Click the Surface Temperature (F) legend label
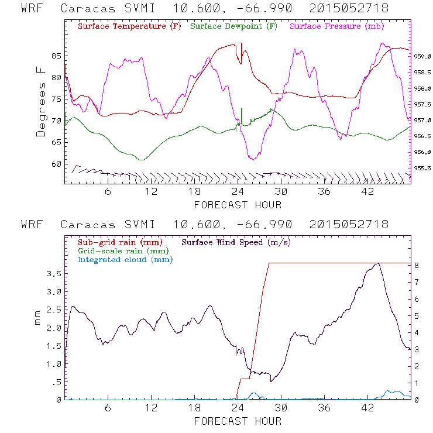click(129, 27)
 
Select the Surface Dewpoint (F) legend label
click(233, 27)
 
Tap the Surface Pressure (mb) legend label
click(336, 27)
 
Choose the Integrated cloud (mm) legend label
click(125, 259)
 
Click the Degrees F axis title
click(41, 101)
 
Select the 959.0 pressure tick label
click(422, 57)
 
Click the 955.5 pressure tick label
click(422, 168)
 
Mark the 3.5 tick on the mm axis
click(53, 273)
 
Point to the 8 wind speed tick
click(417, 264)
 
